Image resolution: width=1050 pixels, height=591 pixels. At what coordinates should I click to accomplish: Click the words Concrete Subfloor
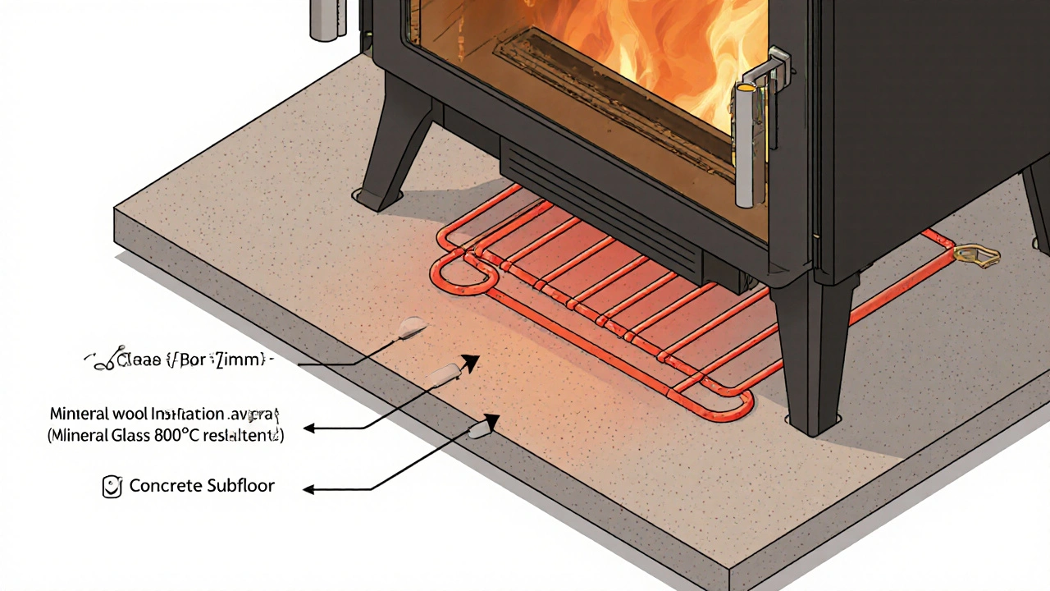pyautogui.click(x=202, y=486)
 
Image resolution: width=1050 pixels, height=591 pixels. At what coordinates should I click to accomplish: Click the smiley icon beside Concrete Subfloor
pyautogui.click(x=112, y=487)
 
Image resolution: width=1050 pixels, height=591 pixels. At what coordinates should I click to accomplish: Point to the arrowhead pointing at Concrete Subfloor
pyautogui.click(x=309, y=490)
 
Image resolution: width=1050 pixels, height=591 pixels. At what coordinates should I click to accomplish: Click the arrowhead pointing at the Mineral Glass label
pyautogui.click(x=309, y=428)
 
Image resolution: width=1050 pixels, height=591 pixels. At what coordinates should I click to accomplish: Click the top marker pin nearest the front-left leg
pyautogui.click(x=410, y=329)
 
